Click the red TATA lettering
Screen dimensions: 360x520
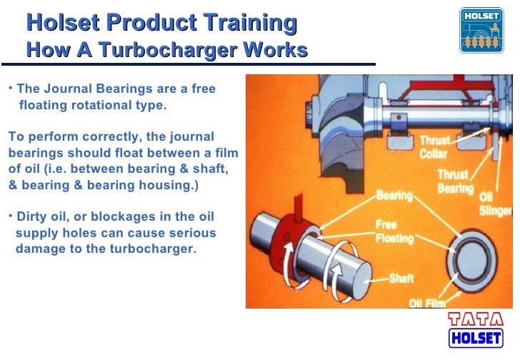coord(475,320)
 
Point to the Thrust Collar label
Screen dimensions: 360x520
coord(433,147)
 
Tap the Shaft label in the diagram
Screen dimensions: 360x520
coord(401,278)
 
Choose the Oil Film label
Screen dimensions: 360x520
coord(426,303)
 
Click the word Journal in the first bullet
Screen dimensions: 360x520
coord(70,90)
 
